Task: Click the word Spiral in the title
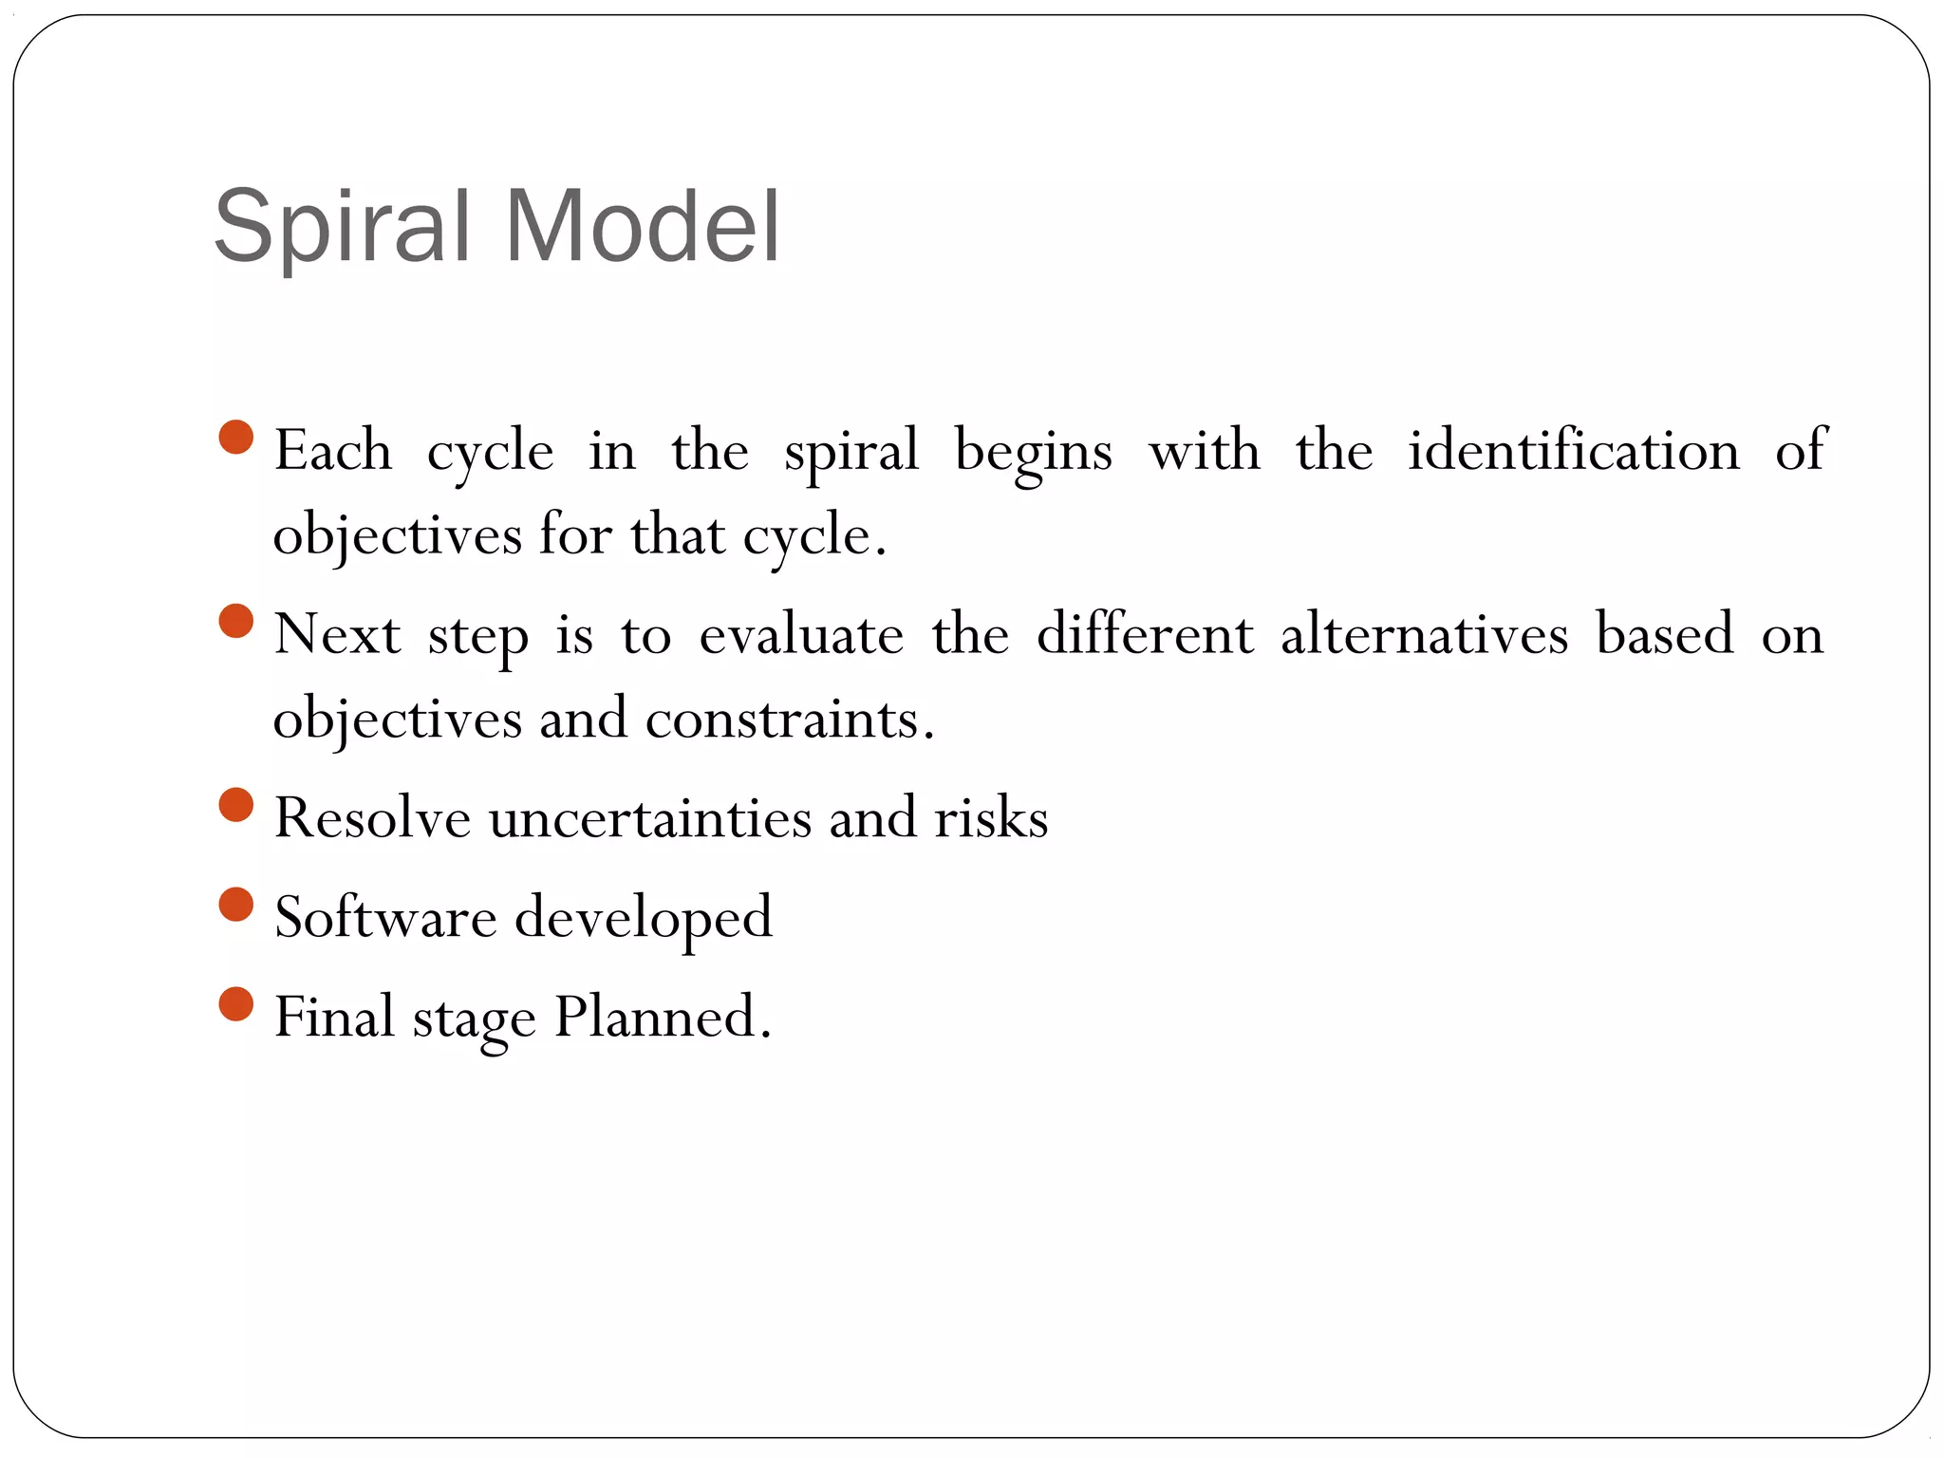coord(342,228)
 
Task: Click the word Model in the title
coord(643,228)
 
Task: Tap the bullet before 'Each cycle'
coord(236,438)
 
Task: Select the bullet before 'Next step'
coord(236,622)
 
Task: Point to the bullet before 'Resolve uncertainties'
coord(236,805)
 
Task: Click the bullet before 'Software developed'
coord(236,905)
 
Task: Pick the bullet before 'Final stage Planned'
coord(236,1004)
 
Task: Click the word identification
coord(1573,450)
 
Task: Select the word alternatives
coord(1424,634)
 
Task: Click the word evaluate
coord(801,634)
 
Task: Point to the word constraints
coord(784,719)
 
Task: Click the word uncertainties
coord(650,818)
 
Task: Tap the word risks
coord(991,818)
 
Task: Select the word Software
coord(385,918)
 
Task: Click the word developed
coord(644,918)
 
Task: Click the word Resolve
coord(372,818)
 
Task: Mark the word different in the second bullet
coord(1144,634)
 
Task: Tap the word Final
coord(334,1018)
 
